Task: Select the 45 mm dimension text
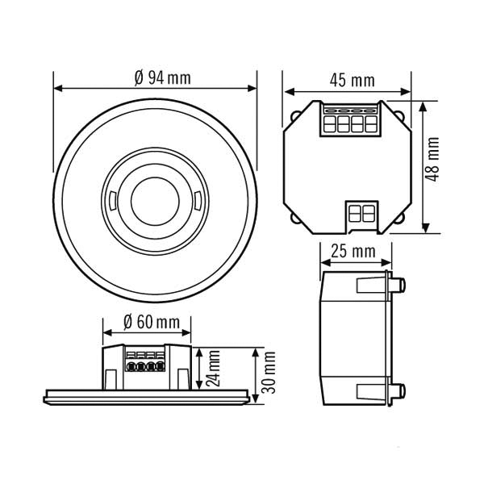click(353, 80)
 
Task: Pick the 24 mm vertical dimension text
click(211, 369)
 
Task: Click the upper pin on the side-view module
click(398, 284)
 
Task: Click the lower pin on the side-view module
click(398, 391)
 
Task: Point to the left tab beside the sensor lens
click(112, 198)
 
